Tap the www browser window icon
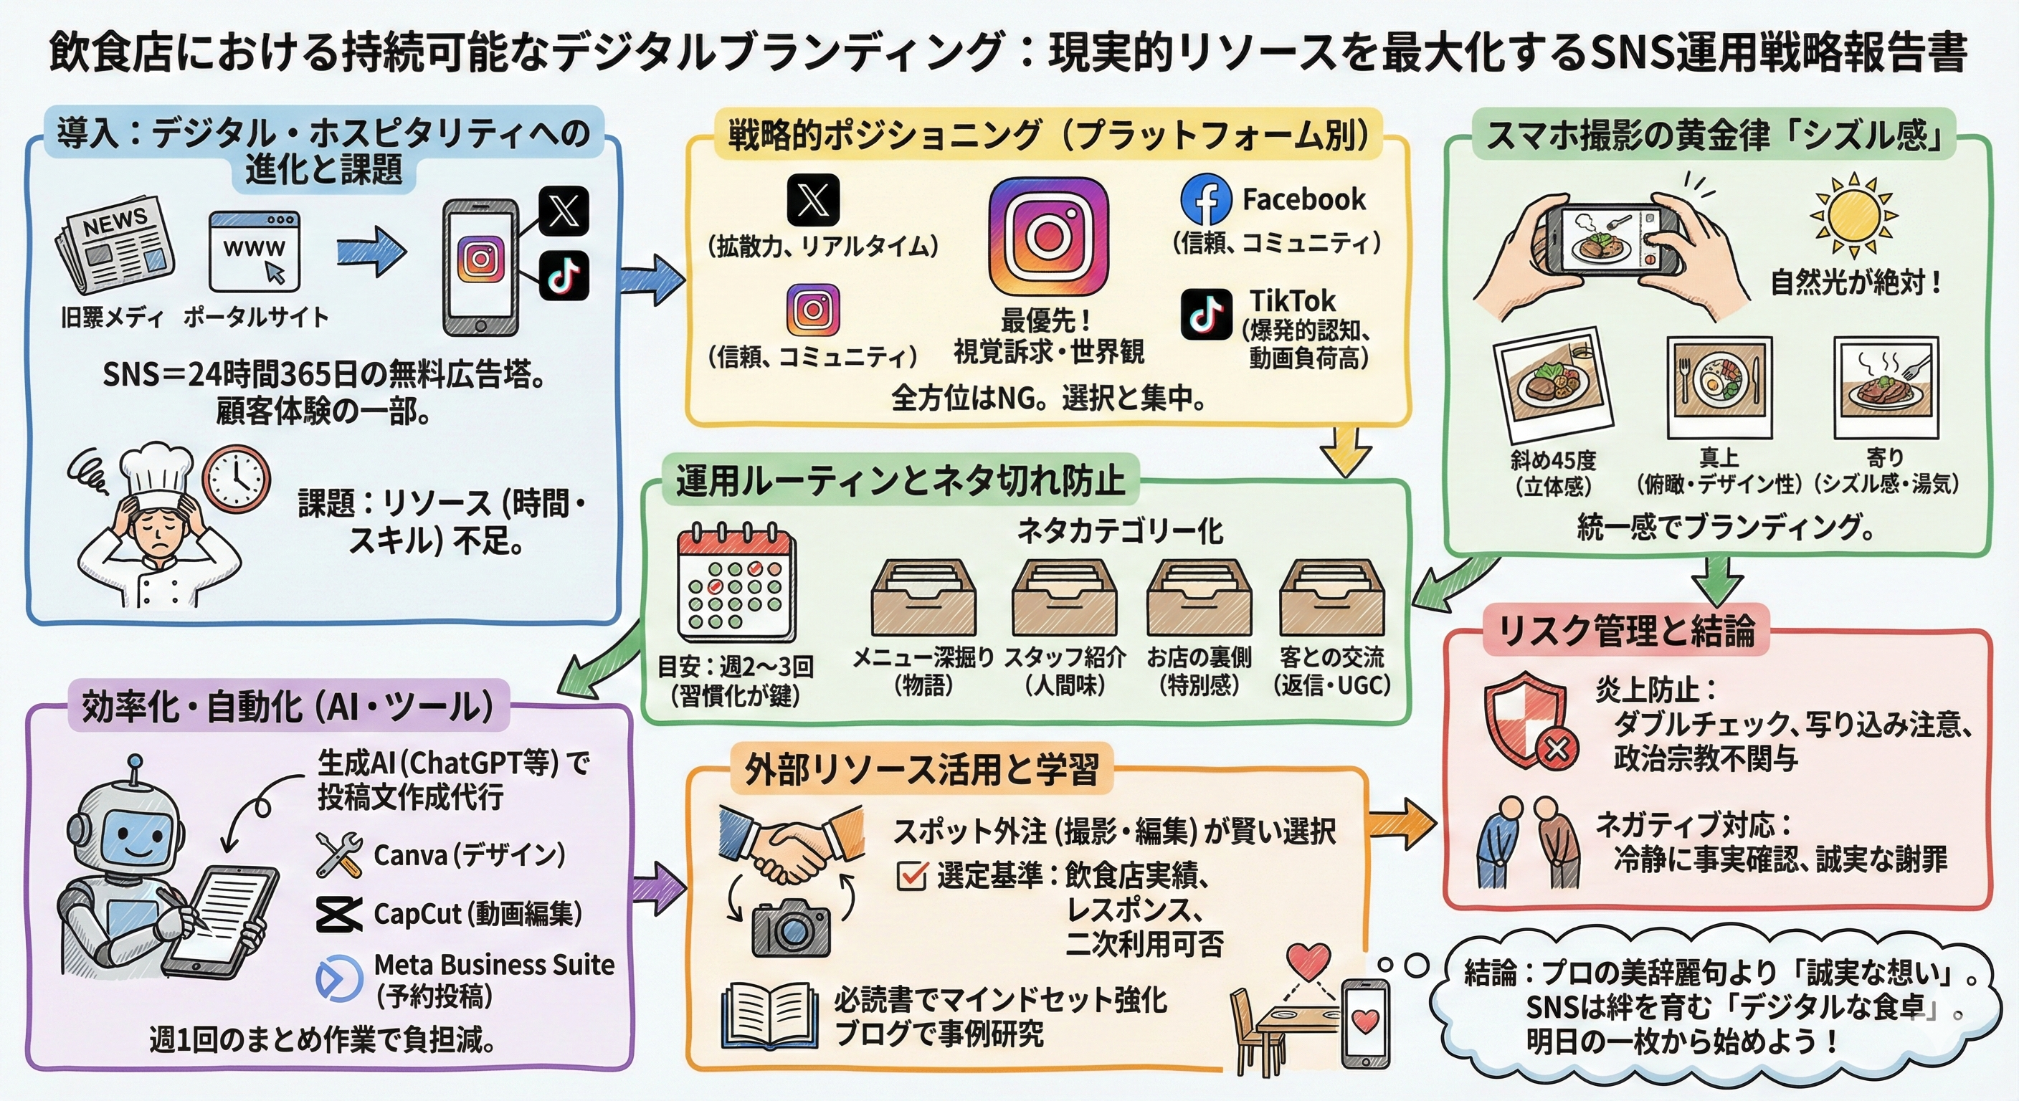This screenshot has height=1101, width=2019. point(253,252)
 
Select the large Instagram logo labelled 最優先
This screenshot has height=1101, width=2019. point(1048,236)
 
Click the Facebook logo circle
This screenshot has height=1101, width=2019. point(1205,200)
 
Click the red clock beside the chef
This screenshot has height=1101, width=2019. point(236,478)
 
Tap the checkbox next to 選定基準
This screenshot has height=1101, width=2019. point(911,875)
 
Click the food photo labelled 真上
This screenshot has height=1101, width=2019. point(1719,387)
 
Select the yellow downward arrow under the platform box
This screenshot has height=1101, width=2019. point(1345,452)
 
